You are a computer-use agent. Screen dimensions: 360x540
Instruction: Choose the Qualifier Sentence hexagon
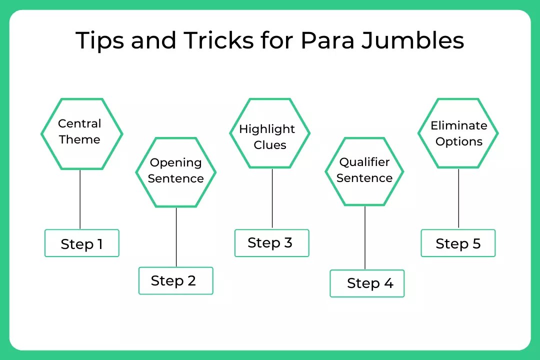coord(364,171)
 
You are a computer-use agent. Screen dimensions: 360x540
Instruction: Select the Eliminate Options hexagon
coord(458,133)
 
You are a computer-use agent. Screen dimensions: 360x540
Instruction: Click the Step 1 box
coord(82,243)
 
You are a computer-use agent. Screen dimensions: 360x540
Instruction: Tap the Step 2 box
coord(176,281)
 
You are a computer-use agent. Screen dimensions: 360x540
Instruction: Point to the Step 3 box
coord(272,243)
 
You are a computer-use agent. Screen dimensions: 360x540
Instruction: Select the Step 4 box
coord(367,283)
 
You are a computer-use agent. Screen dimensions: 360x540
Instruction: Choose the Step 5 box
coord(458,243)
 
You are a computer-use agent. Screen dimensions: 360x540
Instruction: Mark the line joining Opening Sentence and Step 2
coord(176,237)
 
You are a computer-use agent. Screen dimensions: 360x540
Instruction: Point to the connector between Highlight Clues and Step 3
coord(272,198)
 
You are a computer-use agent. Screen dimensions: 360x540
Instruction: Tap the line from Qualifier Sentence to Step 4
coord(364,237)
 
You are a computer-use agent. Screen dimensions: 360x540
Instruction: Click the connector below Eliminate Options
coord(458,198)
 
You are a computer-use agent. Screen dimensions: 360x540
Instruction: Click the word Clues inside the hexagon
coord(270,145)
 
